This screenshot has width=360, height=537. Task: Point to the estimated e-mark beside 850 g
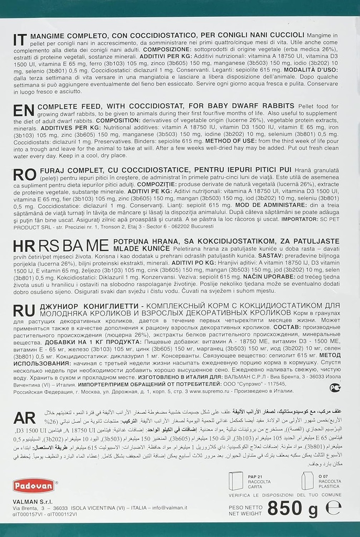tap(332, 508)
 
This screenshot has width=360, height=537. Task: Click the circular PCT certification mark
tap(335, 387)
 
